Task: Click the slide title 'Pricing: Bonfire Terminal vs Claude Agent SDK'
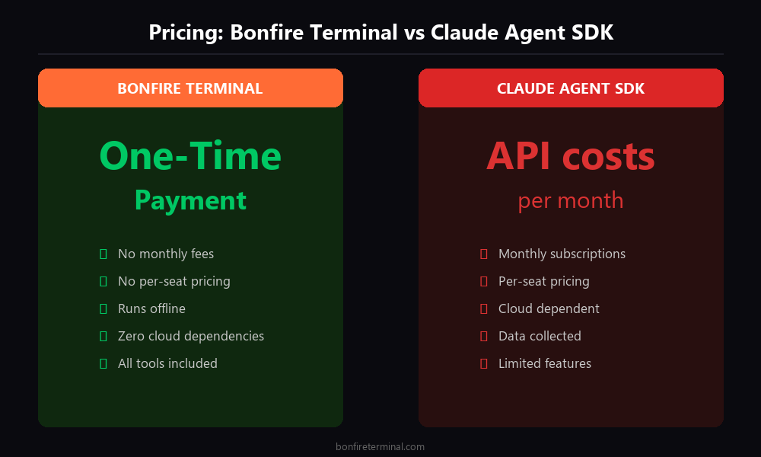click(x=380, y=33)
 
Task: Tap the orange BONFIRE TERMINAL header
click(x=190, y=88)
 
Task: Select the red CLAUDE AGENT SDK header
click(x=571, y=88)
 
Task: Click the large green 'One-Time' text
click(x=190, y=156)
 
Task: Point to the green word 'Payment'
click(x=190, y=200)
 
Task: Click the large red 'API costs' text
click(x=571, y=156)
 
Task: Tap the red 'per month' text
click(x=571, y=200)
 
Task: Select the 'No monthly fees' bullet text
click(x=166, y=254)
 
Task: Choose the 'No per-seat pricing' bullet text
click(x=174, y=281)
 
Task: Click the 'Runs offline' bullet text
click(x=151, y=308)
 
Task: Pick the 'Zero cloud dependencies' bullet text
click(x=191, y=336)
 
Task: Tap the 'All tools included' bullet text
click(x=167, y=363)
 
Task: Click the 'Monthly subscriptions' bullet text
click(x=562, y=254)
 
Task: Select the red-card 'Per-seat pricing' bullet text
click(x=544, y=281)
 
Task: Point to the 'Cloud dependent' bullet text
click(x=549, y=308)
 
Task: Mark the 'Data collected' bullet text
click(x=540, y=336)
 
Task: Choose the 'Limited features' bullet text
click(x=545, y=363)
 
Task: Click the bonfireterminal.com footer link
click(x=380, y=447)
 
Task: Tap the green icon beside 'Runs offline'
click(x=103, y=308)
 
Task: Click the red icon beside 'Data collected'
click(x=483, y=336)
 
